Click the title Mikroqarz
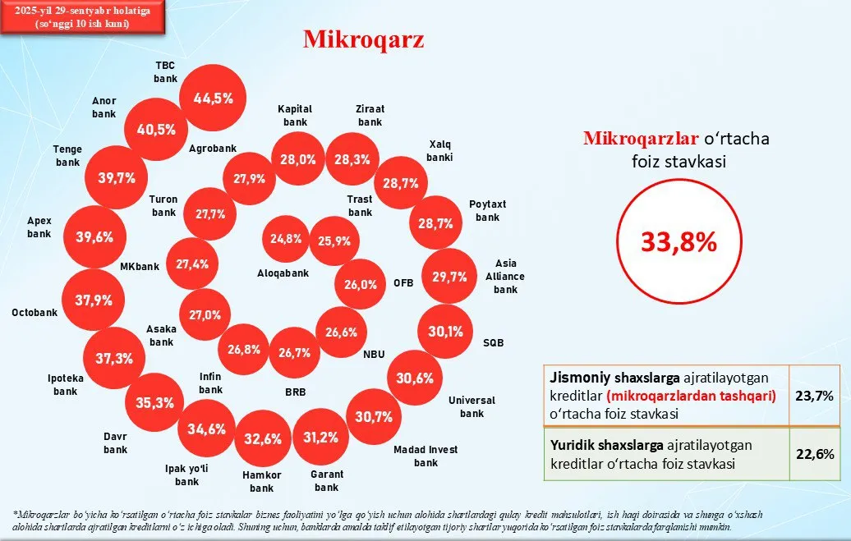363,39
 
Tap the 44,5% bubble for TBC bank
213,98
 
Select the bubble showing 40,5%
155,130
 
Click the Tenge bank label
67,156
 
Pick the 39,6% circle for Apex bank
94,237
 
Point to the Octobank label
34,313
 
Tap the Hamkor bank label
263,482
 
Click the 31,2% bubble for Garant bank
320,437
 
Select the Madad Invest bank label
425,456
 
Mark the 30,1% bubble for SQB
446,332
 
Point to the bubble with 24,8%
287,240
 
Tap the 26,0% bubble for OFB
361,285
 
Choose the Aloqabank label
283,273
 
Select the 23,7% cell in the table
814,396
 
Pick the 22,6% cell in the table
814,453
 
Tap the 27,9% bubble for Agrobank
249,177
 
